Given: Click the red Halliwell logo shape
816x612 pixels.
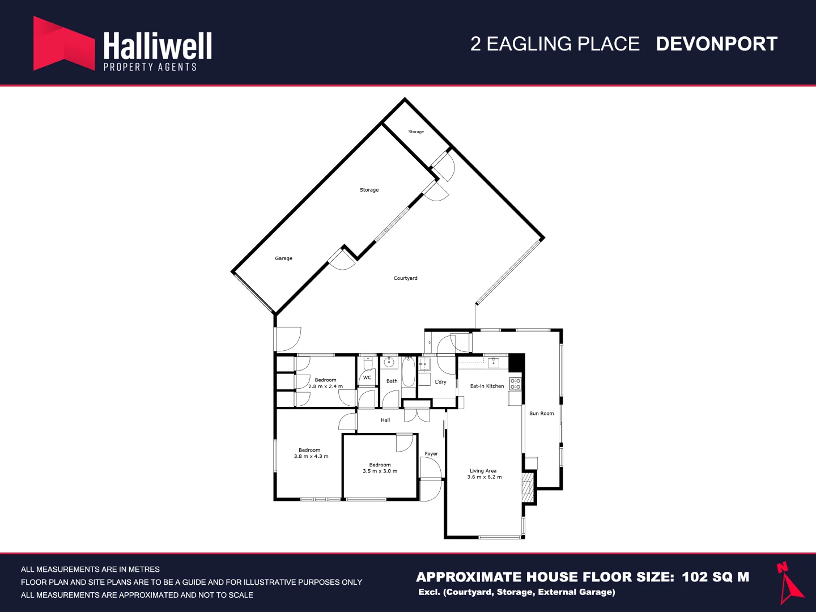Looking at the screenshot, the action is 64,44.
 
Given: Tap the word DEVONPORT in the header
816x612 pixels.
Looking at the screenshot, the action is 716,44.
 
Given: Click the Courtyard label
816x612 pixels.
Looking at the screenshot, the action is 405,278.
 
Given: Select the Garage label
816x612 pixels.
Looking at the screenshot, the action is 284,258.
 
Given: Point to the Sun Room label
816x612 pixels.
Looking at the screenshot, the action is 541,413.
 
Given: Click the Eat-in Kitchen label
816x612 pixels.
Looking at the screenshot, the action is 487,386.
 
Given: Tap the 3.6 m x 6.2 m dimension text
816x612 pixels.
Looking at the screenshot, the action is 484,477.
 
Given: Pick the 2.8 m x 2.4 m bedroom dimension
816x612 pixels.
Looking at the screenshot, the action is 326,386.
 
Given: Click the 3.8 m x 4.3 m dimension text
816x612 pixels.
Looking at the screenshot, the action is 311,456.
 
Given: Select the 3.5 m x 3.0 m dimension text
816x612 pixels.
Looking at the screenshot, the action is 380,471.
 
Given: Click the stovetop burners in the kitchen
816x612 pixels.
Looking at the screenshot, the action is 515,384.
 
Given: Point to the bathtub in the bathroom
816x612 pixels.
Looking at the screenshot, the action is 408,372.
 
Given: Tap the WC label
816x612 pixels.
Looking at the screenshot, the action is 367,377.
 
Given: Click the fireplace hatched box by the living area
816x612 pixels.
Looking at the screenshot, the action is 528,487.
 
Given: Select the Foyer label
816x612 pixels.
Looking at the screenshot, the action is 431,454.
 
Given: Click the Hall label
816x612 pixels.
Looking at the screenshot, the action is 385,420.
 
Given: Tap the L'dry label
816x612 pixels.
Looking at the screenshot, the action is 440,381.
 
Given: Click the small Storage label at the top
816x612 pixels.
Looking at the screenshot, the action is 416,131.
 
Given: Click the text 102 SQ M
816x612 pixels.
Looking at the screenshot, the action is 716,577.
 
